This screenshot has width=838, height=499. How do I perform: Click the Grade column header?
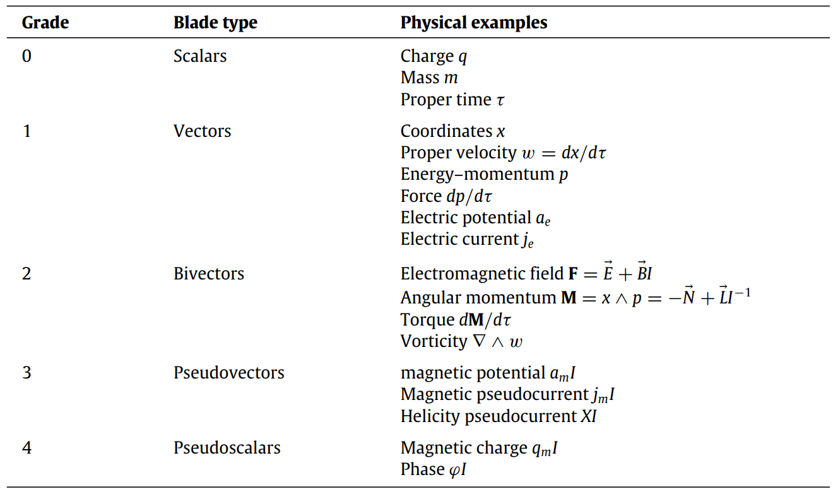45,23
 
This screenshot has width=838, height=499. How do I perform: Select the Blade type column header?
215,23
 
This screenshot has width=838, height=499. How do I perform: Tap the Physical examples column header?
473,23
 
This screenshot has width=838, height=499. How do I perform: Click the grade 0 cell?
27,56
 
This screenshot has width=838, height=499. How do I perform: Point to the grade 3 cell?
27,373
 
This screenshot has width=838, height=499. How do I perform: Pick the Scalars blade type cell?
200,56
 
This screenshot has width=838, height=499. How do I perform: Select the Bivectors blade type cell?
209,274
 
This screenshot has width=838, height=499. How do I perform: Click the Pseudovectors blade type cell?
228,373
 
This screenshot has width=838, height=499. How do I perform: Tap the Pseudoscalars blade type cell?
227,448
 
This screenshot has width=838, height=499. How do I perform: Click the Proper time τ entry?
452,100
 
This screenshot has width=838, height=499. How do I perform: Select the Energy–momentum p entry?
484,174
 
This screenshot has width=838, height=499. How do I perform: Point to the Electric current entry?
468,240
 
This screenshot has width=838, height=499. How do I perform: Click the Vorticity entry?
461,341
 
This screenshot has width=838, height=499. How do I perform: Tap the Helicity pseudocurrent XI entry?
499,416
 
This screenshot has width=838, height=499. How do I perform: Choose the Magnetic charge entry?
480,449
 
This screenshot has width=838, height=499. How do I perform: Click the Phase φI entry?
434,470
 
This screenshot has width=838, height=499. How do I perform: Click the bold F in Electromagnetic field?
574,274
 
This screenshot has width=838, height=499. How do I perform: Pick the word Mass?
420,78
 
